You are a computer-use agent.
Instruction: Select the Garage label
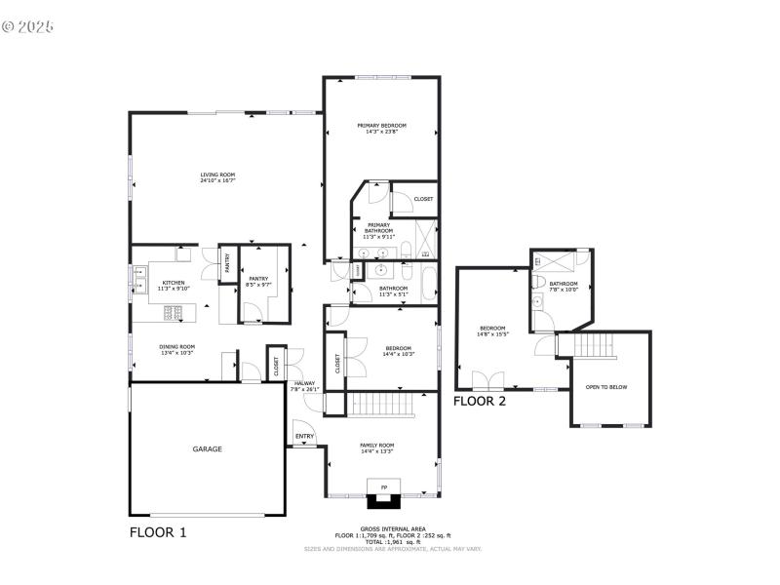207,449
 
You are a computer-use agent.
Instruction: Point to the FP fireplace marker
383,486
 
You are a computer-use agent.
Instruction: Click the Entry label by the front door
304,436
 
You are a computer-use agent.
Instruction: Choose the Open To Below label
606,387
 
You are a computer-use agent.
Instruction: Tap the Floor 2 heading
481,401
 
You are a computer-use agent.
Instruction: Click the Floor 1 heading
158,532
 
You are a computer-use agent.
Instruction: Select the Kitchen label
173,285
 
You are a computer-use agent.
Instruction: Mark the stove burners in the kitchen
172,313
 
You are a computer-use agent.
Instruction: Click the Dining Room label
177,349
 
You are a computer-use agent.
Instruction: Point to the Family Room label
376,448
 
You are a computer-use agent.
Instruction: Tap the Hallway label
304,386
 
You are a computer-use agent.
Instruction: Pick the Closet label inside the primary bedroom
423,199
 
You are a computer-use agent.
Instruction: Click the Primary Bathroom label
378,230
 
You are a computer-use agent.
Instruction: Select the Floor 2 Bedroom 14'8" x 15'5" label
492,331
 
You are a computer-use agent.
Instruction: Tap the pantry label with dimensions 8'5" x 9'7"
258,281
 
